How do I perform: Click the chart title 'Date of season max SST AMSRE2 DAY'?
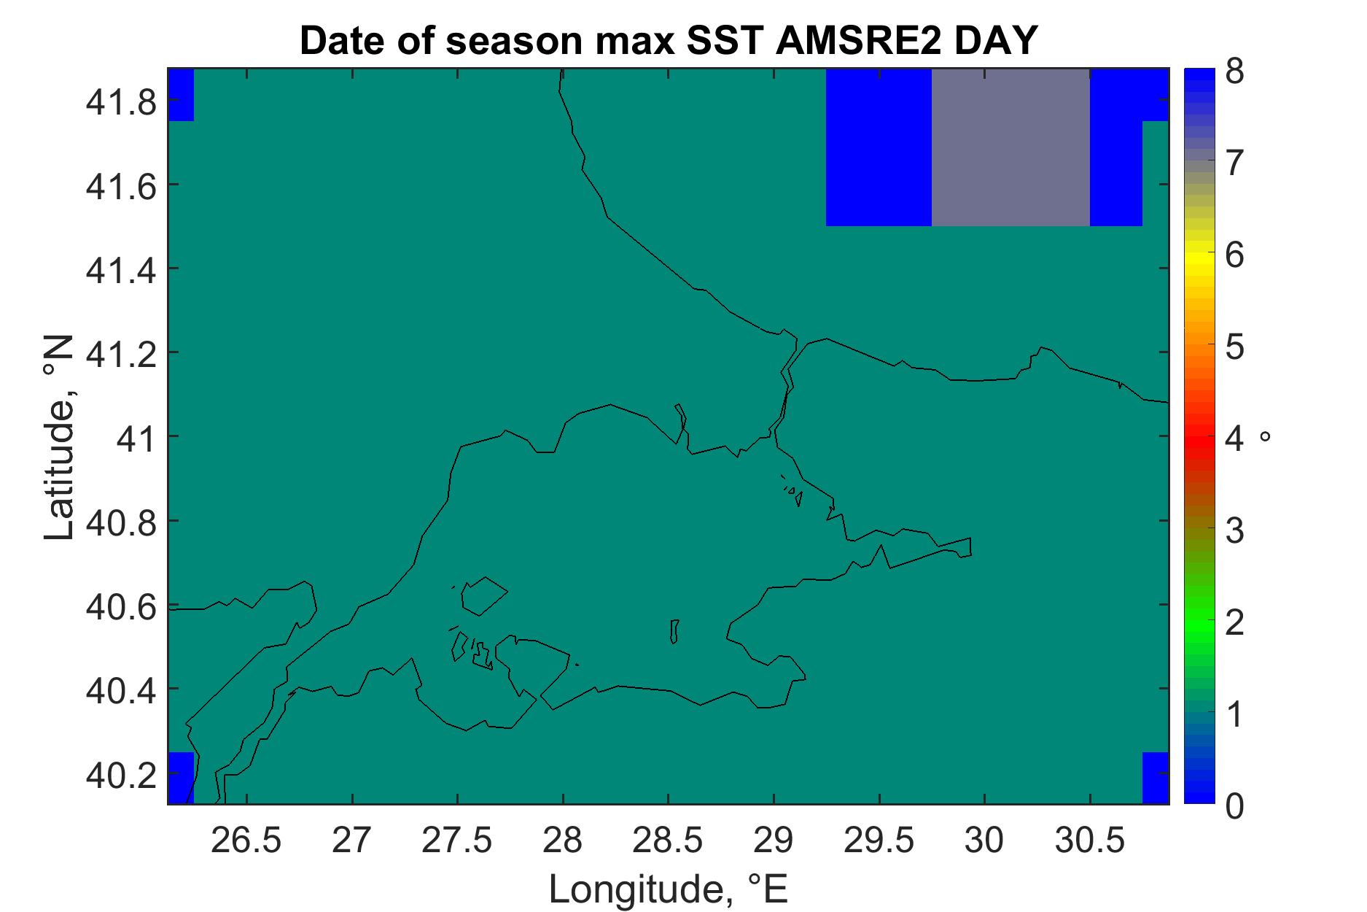[x=667, y=42]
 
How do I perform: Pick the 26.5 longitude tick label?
[x=246, y=841]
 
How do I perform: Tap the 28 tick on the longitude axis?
[x=563, y=841]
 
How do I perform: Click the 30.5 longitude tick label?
[x=1090, y=841]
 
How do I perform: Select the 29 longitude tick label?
[x=774, y=841]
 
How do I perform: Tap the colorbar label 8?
[x=1235, y=74]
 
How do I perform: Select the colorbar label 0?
[x=1235, y=806]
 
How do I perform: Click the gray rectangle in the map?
[x=1010, y=147]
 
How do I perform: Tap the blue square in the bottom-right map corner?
[x=1155, y=778]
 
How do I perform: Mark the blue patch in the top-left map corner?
[x=181, y=95]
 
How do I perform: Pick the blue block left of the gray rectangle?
[x=879, y=147]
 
